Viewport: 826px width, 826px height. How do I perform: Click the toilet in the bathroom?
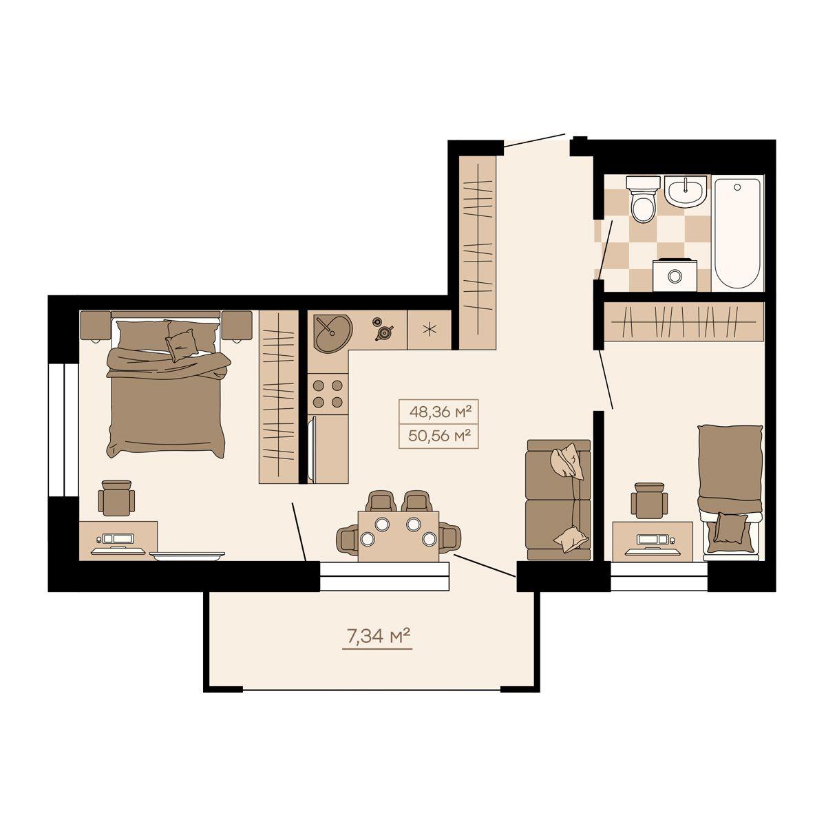click(643, 199)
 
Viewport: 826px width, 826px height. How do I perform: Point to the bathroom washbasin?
click(686, 193)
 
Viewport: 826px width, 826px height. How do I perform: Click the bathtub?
click(737, 233)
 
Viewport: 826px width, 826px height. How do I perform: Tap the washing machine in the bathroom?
click(675, 275)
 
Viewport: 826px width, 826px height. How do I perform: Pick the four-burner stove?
click(328, 394)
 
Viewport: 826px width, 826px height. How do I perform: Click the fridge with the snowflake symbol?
click(429, 330)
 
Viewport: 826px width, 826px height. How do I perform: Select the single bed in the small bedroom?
click(730, 493)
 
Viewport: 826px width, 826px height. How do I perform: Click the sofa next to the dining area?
click(558, 500)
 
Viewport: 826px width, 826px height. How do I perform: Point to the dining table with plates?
click(399, 536)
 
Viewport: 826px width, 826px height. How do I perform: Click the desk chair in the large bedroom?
click(116, 498)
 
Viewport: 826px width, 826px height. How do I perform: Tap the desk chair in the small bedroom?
click(649, 500)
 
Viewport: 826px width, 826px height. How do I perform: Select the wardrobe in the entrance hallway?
click(477, 253)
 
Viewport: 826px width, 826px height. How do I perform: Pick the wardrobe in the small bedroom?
click(684, 321)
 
